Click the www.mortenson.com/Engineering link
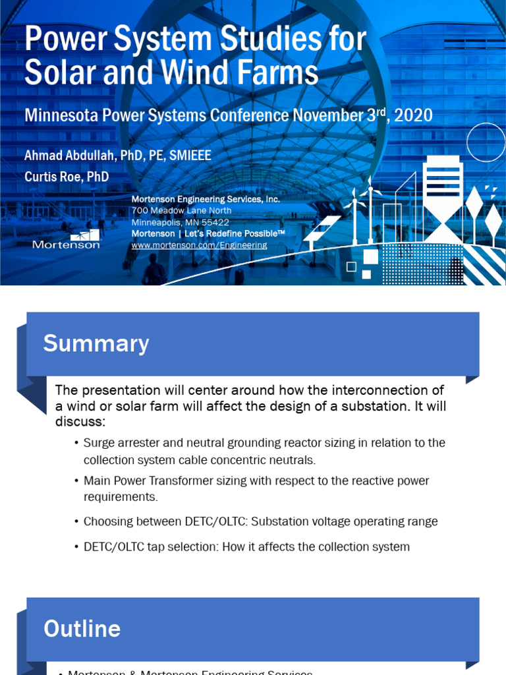tap(199, 245)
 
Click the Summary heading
tap(96, 343)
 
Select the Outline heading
tap(82, 629)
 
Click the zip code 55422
tap(212, 223)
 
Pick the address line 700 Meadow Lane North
tap(181, 210)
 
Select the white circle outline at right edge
tap(486, 142)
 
